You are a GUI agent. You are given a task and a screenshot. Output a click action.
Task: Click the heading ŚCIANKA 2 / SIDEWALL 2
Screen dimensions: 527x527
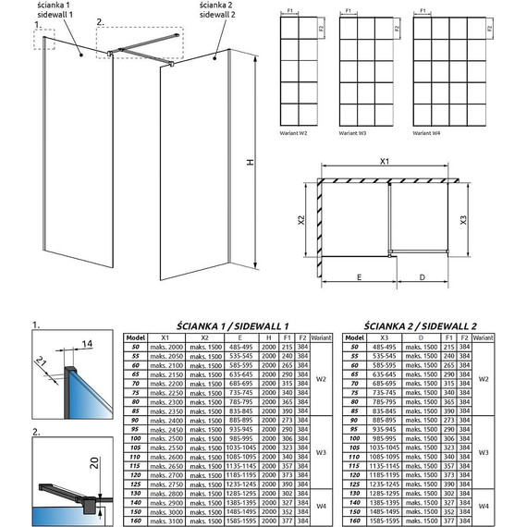coord(420,325)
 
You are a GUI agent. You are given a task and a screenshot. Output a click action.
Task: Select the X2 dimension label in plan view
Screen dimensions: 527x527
coord(302,221)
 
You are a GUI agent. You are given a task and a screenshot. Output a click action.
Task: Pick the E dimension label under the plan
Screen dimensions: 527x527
coord(356,276)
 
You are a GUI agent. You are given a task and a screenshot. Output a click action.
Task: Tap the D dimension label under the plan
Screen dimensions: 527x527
coord(422,276)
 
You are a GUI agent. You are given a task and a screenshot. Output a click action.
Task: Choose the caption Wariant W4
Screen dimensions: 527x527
coord(426,133)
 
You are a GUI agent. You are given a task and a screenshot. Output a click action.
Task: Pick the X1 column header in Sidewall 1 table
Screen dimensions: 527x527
coord(165,337)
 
